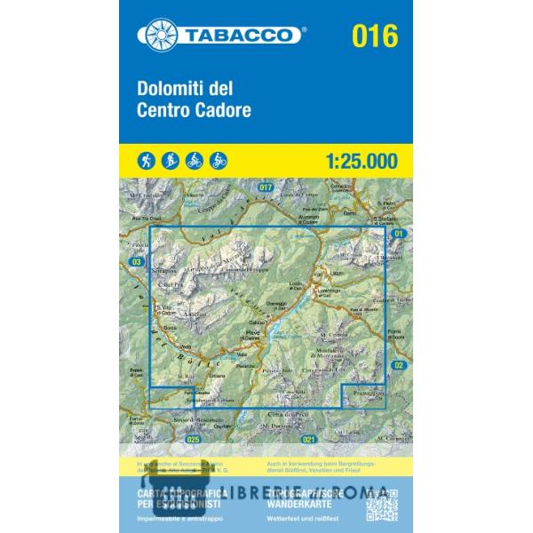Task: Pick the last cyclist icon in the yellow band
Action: pyautogui.click(x=219, y=160)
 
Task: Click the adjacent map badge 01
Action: pyautogui.click(x=399, y=233)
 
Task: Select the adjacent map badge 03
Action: pyautogui.click(x=136, y=262)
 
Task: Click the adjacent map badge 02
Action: pyautogui.click(x=399, y=365)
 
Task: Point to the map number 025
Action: pyautogui.click(x=195, y=439)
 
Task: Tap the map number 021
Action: pyautogui.click(x=309, y=439)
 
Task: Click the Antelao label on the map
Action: pyautogui.click(x=193, y=314)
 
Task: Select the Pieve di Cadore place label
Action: pyautogui.click(x=252, y=334)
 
